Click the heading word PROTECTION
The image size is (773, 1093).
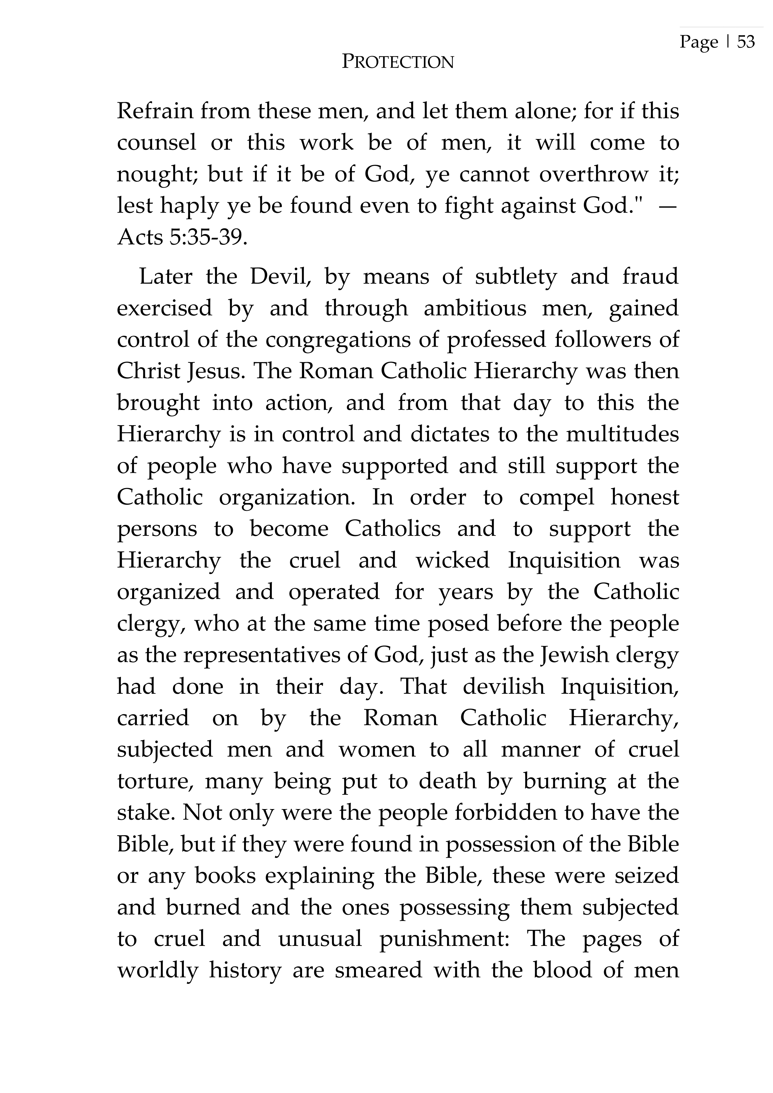(x=398, y=62)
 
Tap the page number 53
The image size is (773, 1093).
(x=746, y=42)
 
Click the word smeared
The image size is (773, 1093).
(x=378, y=970)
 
